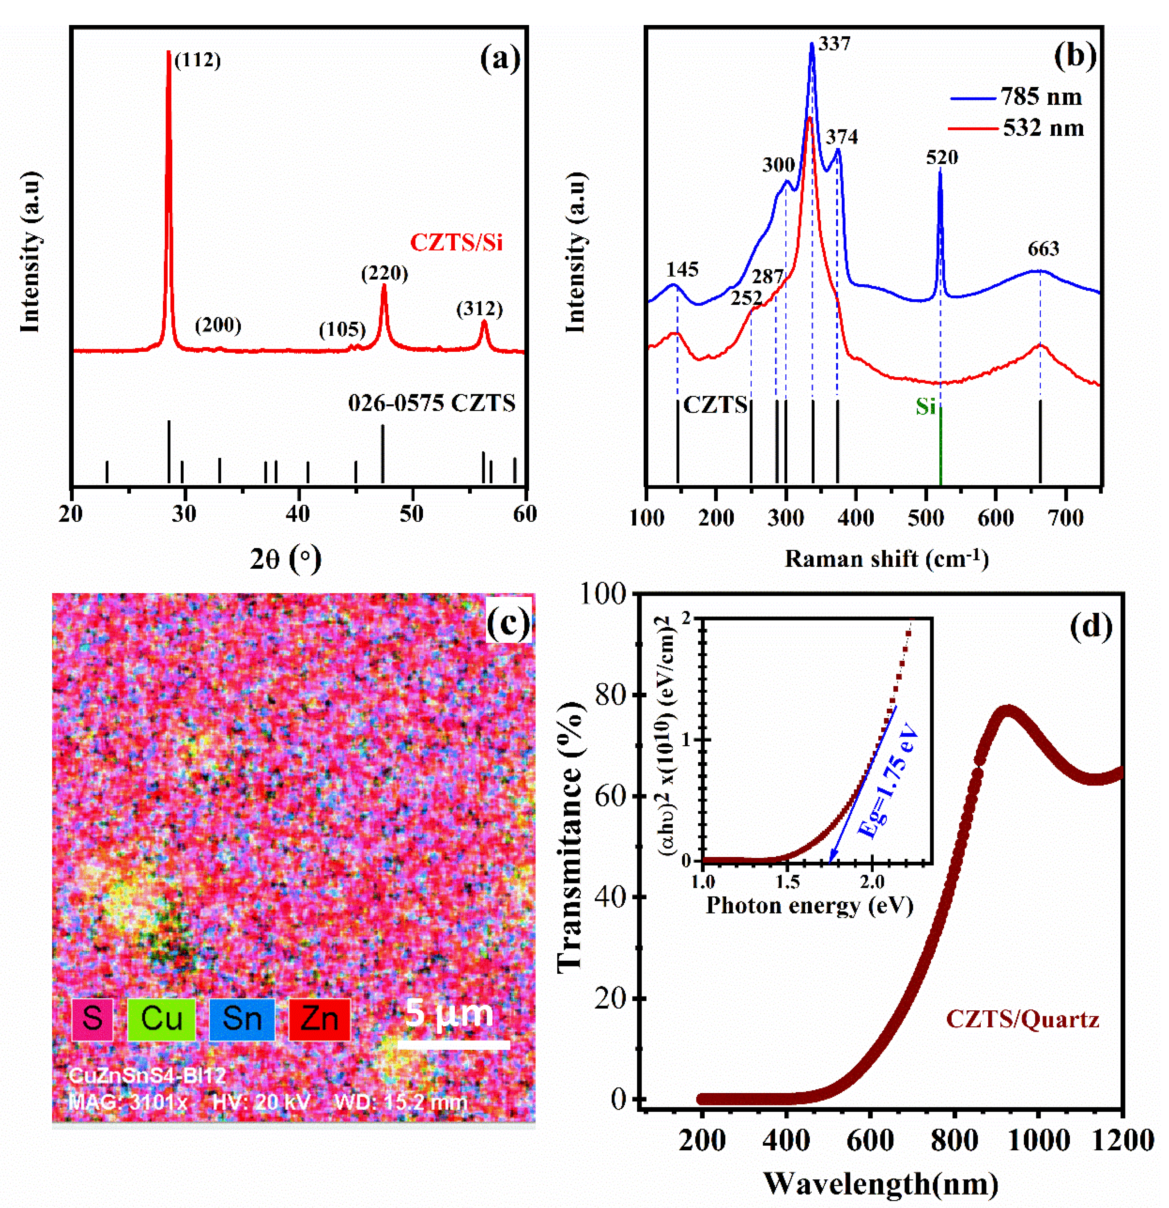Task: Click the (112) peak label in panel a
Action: [197, 61]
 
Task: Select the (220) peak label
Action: [385, 273]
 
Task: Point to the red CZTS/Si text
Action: [456, 243]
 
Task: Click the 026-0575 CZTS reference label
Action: [432, 403]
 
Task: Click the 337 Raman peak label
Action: [835, 44]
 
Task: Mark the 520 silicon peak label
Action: [942, 158]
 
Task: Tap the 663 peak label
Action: [1043, 249]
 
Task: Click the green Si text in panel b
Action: [925, 407]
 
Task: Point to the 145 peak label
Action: [682, 269]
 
